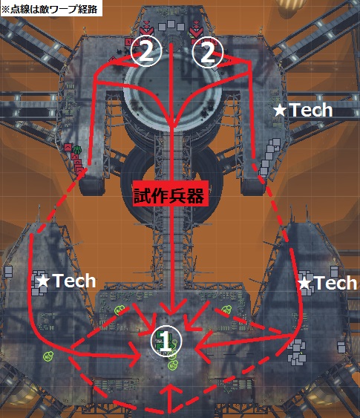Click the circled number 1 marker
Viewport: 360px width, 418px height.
[166, 341]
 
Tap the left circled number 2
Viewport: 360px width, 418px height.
[146, 51]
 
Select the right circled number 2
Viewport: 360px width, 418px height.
[208, 51]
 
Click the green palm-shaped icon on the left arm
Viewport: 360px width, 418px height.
[77, 150]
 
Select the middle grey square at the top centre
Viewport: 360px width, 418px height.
[171, 25]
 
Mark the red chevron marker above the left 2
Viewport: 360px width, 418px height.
[146, 28]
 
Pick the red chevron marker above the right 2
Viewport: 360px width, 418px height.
[196, 28]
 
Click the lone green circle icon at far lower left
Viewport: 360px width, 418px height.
[49, 356]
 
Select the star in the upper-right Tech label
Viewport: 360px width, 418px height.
[280, 111]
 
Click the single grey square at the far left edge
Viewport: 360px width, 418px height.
[8, 272]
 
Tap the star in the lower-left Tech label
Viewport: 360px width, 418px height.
[43, 281]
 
